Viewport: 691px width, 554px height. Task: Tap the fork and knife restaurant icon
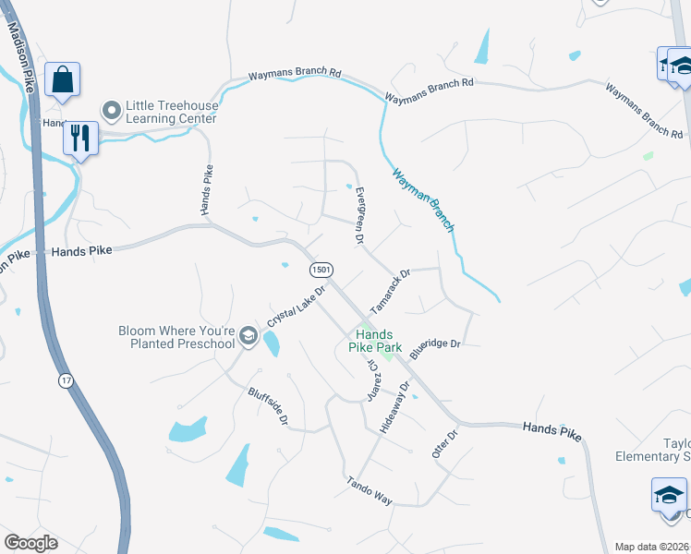click(x=79, y=138)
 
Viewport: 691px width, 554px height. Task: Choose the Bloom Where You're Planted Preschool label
click(x=176, y=337)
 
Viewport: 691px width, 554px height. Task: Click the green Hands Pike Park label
click(x=375, y=341)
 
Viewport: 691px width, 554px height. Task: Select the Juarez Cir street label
click(x=372, y=379)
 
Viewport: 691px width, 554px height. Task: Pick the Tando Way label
click(x=370, y=490)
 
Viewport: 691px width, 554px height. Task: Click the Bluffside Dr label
click(x=268, y=406)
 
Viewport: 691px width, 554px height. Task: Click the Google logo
click(x=30, y=543)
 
